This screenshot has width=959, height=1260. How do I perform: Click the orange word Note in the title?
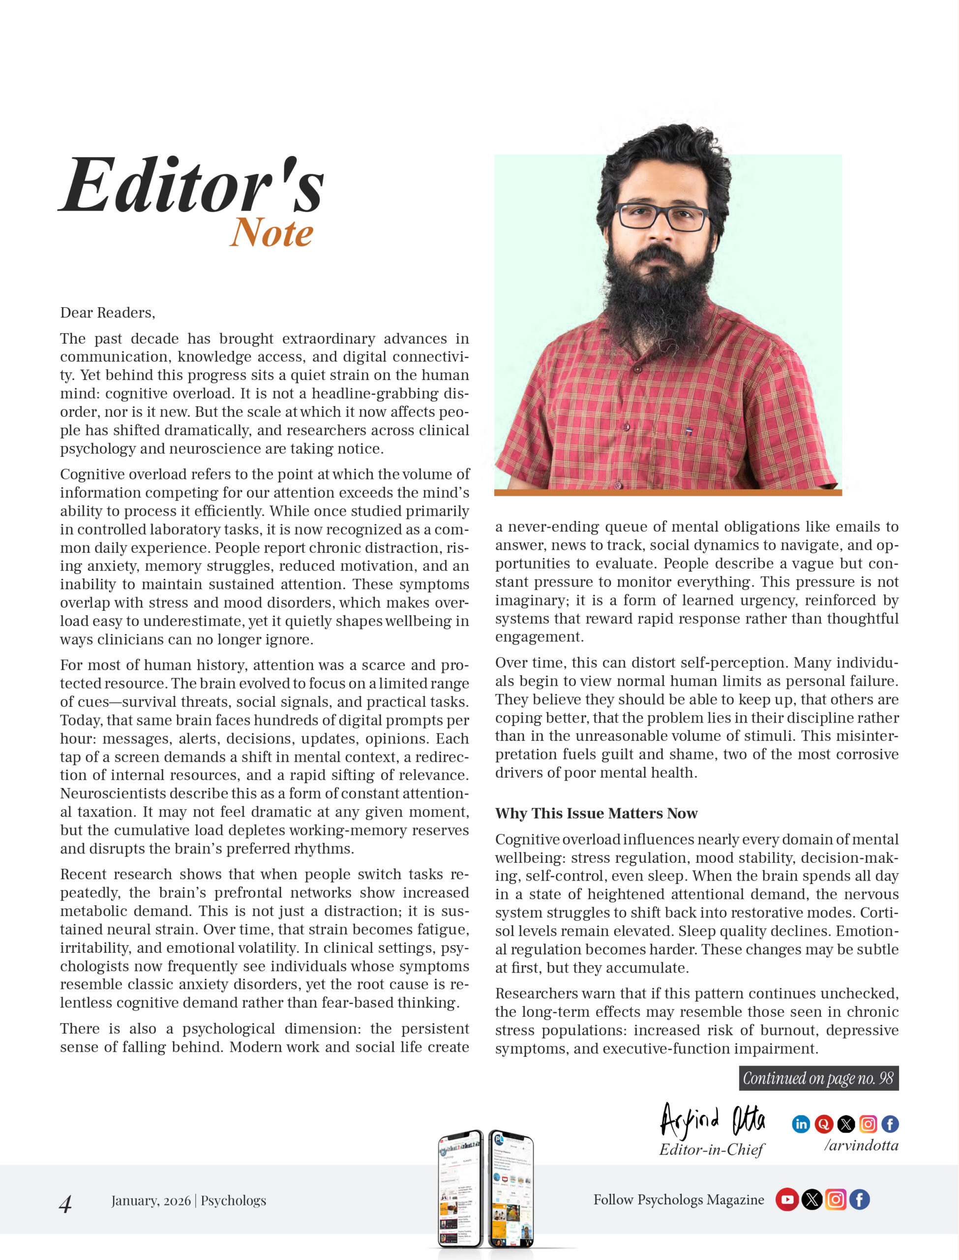(x=271, y=233)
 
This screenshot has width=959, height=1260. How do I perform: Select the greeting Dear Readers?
(x=107, y=313)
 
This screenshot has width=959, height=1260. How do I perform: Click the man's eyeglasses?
(x=663, y=217)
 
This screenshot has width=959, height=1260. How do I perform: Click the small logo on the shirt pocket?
(x=689, y=431)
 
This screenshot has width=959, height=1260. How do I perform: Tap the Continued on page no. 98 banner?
(x=818, y=1078)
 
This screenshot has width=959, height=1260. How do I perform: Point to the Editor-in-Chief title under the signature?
(x=711, y=1149)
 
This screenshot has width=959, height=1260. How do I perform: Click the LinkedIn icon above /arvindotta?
(x=801, y=1124)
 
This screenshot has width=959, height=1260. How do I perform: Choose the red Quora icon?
(x=823, y=1124)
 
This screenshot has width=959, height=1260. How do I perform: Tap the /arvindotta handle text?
(x=861, y=1145)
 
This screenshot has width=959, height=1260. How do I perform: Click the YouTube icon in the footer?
(x=786, y=1199)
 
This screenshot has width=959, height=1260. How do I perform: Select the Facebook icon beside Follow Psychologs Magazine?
(x=859, y=1199)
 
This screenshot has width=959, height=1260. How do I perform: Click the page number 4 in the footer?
(x=65, y=1204)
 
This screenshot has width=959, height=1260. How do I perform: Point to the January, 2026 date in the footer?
(x=150, y=1200)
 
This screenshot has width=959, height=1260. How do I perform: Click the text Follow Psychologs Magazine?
(x=678, y=1199)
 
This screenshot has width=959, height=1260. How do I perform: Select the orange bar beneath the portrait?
(x=668, y=492)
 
